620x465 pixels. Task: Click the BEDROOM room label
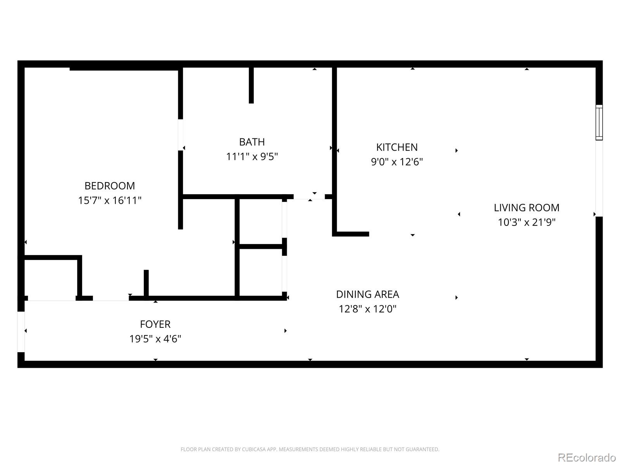(x=110, y=186)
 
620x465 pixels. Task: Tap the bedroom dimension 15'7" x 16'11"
(x=110, y=200)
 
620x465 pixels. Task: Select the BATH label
(x=252, y=142)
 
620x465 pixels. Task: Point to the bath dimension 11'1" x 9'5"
(x=252, y=157)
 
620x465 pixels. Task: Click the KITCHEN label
(x=397, y=147)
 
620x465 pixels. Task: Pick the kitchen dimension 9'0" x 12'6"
(x=397, y=162)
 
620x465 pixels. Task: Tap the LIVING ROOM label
(x=526, y=208)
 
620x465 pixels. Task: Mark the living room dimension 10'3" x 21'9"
(x=526, y=222)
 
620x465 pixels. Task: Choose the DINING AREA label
(x=367, y=294)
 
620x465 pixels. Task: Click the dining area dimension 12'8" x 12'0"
(x=367, y=309)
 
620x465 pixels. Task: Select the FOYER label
(x=155, y=324)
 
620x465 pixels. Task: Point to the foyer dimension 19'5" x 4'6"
(x=155, y=339)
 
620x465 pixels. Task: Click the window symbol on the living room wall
(x=599, y=122)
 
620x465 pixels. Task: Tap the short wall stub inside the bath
(x=251, y=85)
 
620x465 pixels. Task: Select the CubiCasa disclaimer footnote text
(x=310, y=449)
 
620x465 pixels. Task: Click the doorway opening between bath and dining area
(x=309, y=197)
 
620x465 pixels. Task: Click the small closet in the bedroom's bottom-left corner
(x=52, y=278)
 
